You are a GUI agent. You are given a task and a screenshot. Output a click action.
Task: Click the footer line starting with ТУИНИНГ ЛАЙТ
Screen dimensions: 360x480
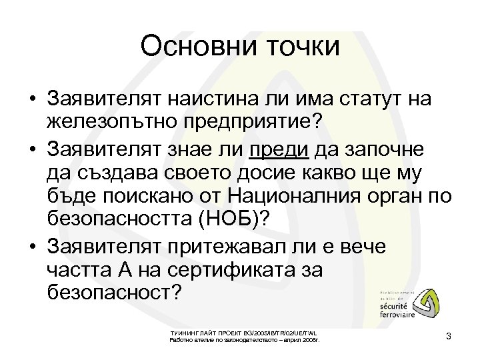point(244,333)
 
